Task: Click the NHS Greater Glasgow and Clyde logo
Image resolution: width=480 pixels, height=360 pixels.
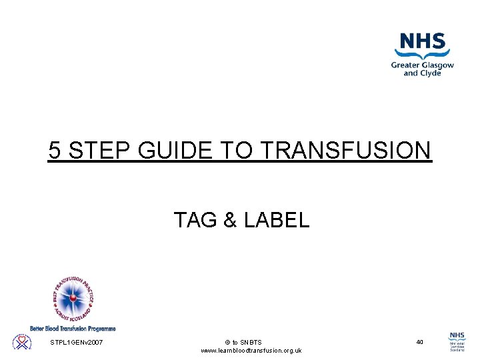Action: pos(421,55)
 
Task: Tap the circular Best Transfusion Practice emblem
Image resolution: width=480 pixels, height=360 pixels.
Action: pos(73,297)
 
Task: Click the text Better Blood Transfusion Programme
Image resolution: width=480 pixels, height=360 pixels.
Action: pos(73,328)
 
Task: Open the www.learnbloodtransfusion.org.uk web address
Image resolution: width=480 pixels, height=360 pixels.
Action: pos(251,351)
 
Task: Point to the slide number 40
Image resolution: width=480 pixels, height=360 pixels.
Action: pos(419,342)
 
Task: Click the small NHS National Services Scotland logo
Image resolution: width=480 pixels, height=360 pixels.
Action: pos(457,342)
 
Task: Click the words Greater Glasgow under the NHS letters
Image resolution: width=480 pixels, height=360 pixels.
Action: pos(422,65)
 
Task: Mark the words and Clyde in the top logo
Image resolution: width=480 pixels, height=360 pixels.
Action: pos(421,73)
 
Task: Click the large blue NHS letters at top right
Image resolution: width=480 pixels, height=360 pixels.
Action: pos(422,43)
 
